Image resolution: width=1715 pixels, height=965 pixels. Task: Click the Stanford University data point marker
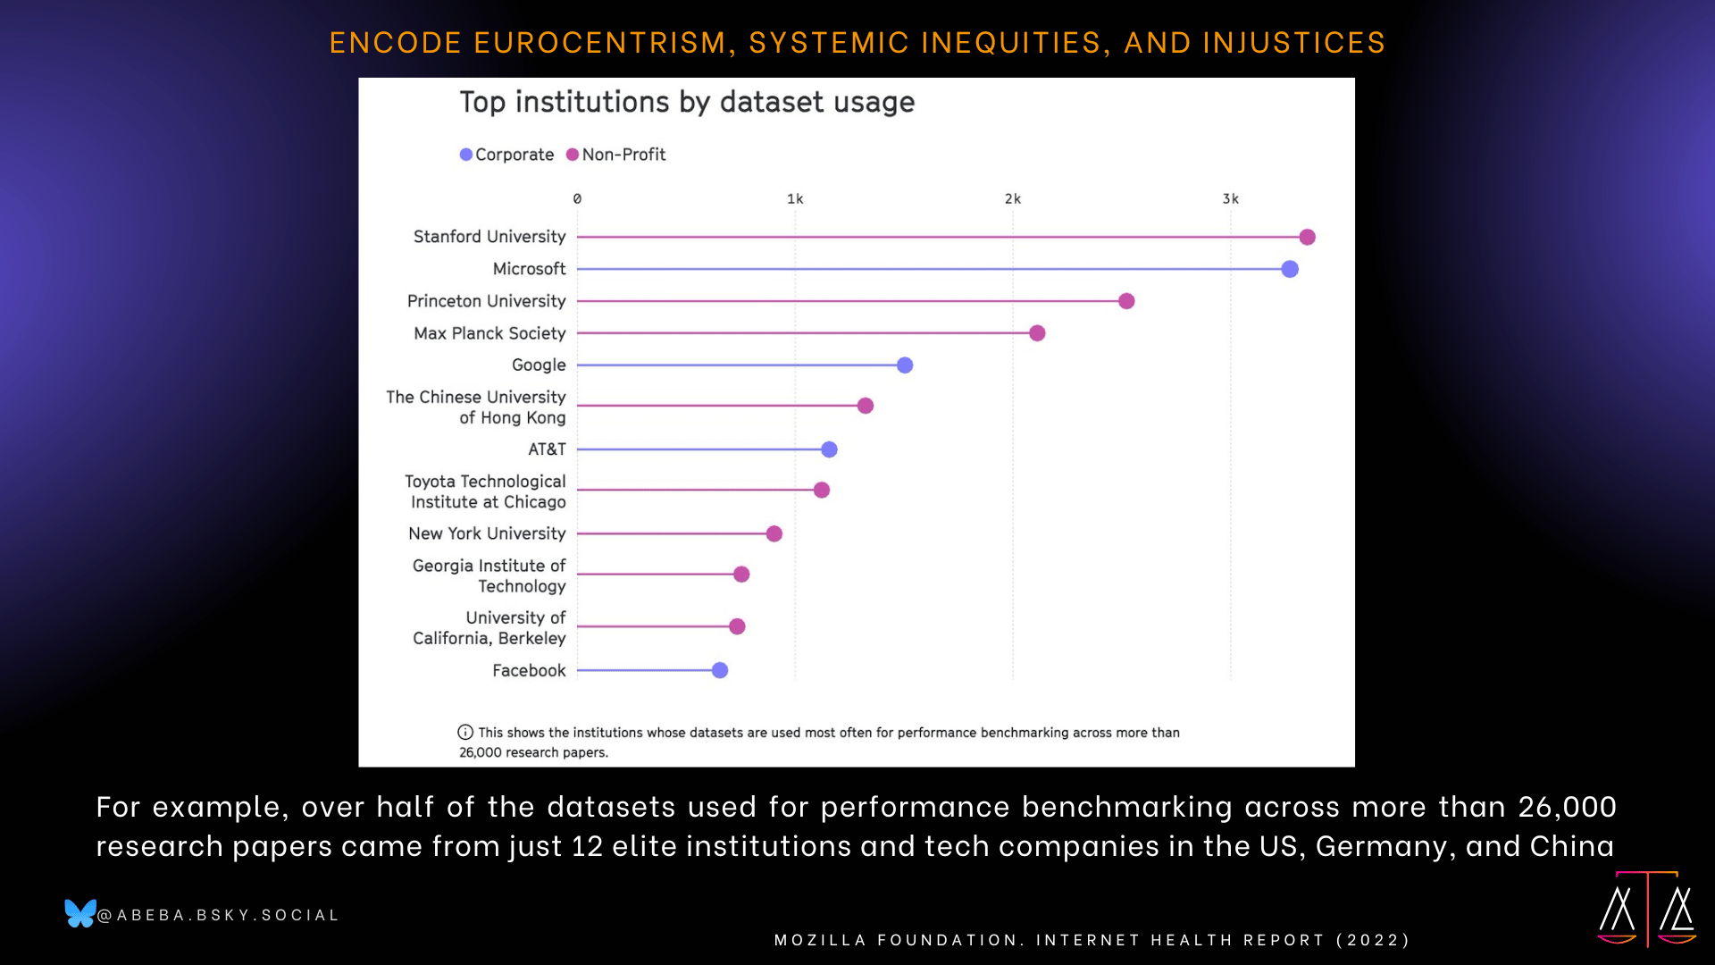[1307, 237]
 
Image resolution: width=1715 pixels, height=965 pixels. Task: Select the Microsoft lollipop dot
[1289, 269]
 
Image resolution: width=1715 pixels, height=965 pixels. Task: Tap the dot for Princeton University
[1126, 301]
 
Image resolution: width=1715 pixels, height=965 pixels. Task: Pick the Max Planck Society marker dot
[1037, 333]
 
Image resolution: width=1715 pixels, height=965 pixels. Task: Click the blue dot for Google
[905, 365]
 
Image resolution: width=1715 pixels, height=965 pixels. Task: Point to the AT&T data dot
[829, 449]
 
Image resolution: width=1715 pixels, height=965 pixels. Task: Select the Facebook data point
[720, 670]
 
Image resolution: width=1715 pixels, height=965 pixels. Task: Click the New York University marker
[774, 533]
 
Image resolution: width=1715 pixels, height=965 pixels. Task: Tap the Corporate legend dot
[466, 155]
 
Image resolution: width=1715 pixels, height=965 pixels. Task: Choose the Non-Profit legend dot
[573, 155]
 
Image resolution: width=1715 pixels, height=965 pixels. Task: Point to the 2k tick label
[1013, 199]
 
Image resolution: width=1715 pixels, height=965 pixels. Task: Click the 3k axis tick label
[1231, 199]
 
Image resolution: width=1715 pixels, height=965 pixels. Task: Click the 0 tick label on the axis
[577, 199]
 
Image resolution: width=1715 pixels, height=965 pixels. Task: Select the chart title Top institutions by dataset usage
[687, 103]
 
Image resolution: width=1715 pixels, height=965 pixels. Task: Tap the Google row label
[539, 365]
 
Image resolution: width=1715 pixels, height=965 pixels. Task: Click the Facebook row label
[529, 670]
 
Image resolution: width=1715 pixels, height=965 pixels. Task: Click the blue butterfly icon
[80, 913]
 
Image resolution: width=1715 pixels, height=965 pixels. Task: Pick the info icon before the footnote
[465, 733]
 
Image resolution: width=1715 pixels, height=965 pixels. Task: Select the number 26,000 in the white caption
[1567, 807]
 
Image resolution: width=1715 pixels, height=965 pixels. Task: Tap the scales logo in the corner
[1647, 909]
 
